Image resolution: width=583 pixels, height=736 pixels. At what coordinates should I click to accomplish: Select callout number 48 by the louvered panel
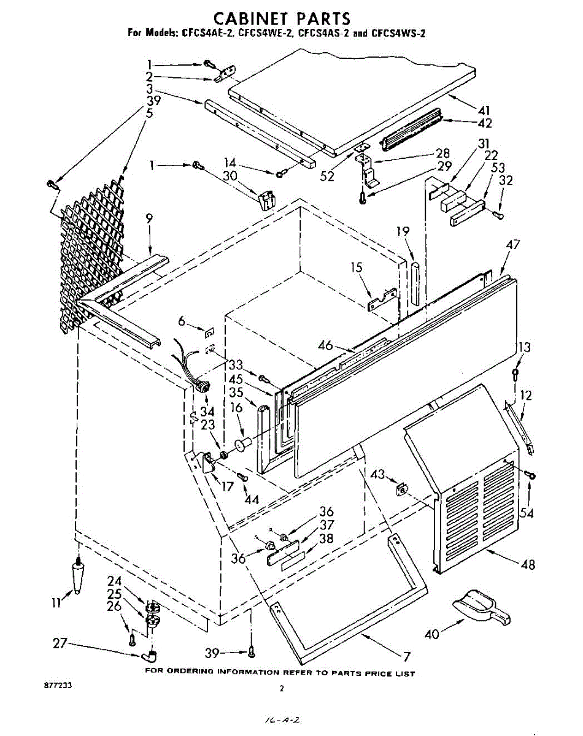click(x=527, y=565)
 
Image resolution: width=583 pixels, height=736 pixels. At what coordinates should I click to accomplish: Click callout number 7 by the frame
click(x=406, y=656)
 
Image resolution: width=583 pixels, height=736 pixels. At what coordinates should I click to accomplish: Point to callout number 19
click(x=402, y=231)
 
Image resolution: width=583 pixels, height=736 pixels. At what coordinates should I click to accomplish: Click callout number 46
click(x=325, y=346)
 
